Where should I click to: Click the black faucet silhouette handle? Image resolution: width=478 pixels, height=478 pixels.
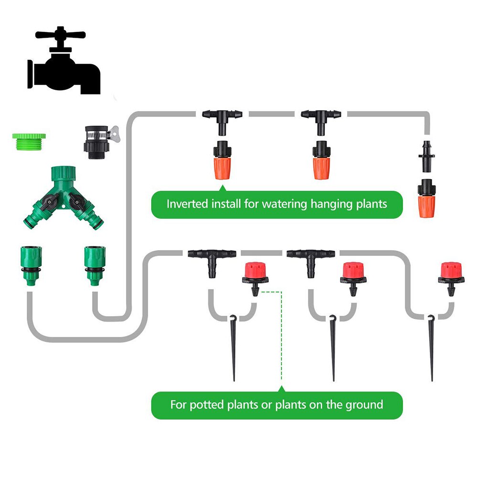pyautogui.click(x=60, y=35)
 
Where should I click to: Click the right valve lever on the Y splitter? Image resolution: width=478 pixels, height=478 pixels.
pyautogui.click(x=76, y=203)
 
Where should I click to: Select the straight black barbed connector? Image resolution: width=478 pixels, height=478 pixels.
pyautogui.click(x=425, y=155)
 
